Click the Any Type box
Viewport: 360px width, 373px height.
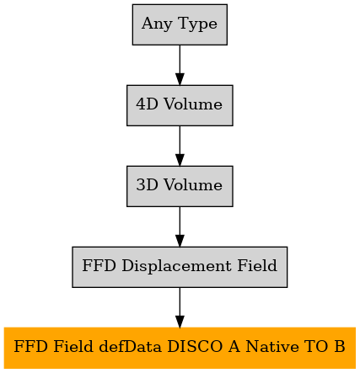(180, 24)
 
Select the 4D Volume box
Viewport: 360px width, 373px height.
(180, 105)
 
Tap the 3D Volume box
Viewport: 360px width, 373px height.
(180, 186)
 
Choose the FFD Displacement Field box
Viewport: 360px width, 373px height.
(180, 267)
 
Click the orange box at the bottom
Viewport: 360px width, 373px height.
(180, 348)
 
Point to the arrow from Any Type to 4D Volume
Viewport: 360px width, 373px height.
(180, 65)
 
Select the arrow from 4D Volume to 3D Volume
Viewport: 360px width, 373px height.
(180, 146)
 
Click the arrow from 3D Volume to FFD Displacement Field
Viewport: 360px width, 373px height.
(180, 226)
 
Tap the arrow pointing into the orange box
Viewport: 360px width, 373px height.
(180, 307)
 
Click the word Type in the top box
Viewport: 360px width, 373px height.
(197, 24)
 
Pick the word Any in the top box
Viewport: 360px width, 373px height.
(157, 24)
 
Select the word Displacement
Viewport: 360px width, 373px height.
(176, 266)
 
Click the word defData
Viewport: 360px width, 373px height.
(130, 346)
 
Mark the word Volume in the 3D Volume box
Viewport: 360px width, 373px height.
(193, 185)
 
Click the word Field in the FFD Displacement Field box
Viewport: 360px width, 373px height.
(257, 265)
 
